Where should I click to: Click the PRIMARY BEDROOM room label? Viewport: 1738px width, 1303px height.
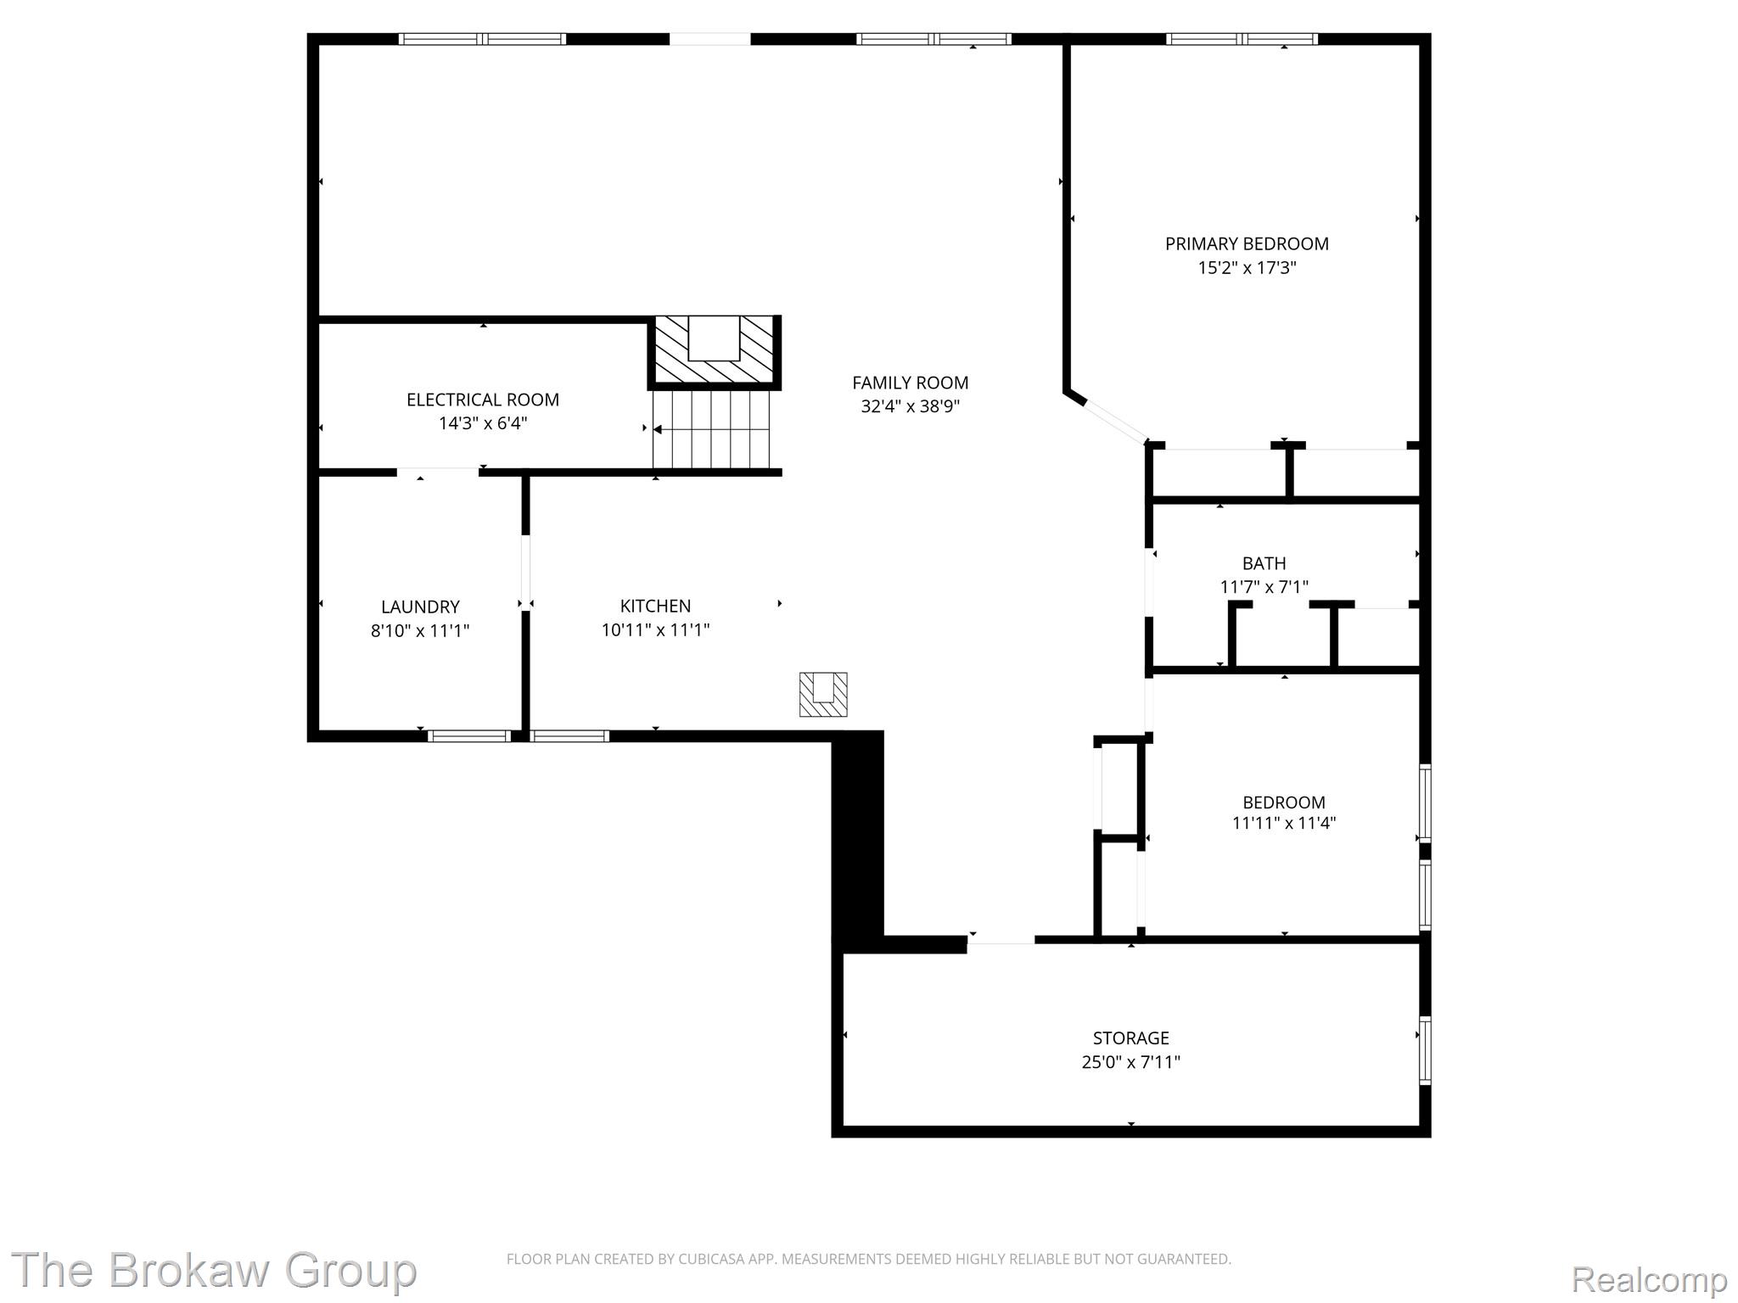click(1247, 244)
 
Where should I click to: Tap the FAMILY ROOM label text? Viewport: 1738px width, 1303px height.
click(910, 383)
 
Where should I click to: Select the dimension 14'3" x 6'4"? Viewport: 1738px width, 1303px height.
click(482, 423)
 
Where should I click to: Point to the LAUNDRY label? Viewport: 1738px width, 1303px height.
click(420, 607)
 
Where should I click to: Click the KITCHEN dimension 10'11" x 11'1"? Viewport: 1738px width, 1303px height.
click(655, 629)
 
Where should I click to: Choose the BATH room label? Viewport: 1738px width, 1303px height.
click(1264, 563)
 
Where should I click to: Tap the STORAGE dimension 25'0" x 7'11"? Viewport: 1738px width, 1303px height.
click(1130, 1061)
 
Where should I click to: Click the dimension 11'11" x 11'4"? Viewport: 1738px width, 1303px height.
click(1283, 822)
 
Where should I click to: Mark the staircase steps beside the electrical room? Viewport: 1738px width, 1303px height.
click(711, 429)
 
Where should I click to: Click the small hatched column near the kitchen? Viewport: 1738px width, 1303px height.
click(823, 694)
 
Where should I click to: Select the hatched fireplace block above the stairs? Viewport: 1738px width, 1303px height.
click(715, 350)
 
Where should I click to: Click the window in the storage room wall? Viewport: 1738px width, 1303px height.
click(1425, 1050)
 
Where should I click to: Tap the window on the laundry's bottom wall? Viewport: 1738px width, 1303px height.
click(469, 735)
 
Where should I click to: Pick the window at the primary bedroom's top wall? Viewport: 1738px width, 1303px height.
click(1242, 39)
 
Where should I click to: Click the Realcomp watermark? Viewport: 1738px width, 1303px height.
click(1649, 1278)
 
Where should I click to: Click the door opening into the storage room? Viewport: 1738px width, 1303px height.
click(1001, 939)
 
